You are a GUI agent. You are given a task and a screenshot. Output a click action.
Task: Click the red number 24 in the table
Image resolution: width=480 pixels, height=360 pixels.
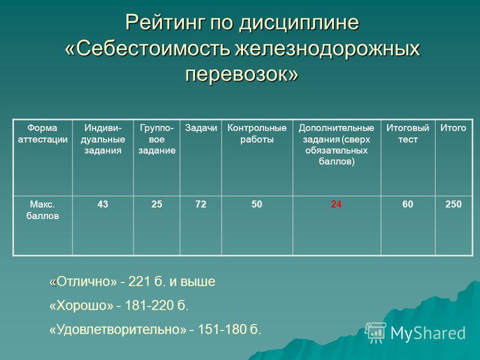[x=336, y=204]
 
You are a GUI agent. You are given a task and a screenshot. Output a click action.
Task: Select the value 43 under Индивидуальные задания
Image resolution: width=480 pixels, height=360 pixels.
[x=103, y=204]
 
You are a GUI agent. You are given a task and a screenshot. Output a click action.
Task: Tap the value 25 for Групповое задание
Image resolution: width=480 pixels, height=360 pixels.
[x=157, y=204]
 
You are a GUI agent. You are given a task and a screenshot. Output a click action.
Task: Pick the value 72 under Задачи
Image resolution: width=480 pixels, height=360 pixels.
[x=200, y=204]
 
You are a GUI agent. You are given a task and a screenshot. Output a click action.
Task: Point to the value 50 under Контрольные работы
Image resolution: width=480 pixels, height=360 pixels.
[x=257, y=204]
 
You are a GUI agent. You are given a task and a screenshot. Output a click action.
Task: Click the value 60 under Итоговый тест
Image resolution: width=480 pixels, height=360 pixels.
[x=407, y=204]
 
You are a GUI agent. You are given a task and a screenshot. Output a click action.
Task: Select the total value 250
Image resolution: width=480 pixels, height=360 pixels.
[x=453, y=204]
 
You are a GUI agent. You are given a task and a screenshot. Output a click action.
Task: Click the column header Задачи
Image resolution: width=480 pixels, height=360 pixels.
[x=201, y=128]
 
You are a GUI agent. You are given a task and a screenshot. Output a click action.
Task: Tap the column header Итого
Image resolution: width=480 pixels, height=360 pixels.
[x=453, y=128]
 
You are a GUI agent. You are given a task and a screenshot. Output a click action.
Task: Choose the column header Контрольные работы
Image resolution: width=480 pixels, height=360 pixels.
[x=257, y=133]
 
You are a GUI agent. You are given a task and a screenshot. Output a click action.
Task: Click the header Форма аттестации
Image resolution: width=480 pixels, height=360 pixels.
[x=43, y=133]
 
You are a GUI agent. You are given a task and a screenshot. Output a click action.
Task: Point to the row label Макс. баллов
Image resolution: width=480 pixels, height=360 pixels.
[x=43, y=210]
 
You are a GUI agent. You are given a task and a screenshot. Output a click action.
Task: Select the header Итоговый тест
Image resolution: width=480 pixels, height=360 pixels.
[x=407, y=133]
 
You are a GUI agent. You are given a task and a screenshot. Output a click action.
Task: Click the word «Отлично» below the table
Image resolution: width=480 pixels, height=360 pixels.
[x=83, y=281]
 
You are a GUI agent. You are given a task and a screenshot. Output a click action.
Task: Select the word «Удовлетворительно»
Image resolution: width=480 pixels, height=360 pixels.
[x=118, y=329]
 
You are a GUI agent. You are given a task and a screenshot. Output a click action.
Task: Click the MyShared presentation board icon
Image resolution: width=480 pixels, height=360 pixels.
[x=376, y=332]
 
